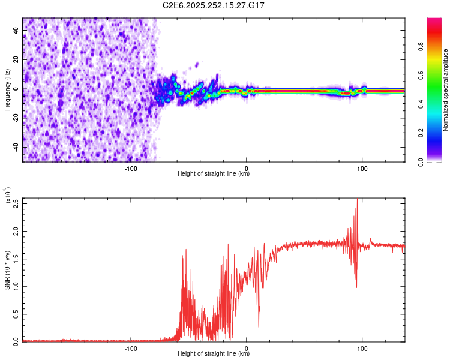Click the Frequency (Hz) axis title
[7, 89]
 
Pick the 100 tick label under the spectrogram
[362, 167]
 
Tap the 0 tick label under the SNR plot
[247, 347]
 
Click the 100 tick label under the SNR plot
[362, 347]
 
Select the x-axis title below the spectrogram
[214, 174]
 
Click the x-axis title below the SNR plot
[214, 354]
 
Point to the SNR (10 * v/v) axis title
[7, 269]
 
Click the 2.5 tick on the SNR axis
[16, 203]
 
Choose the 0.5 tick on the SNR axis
[16, 314]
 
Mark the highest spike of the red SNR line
[357, 200]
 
